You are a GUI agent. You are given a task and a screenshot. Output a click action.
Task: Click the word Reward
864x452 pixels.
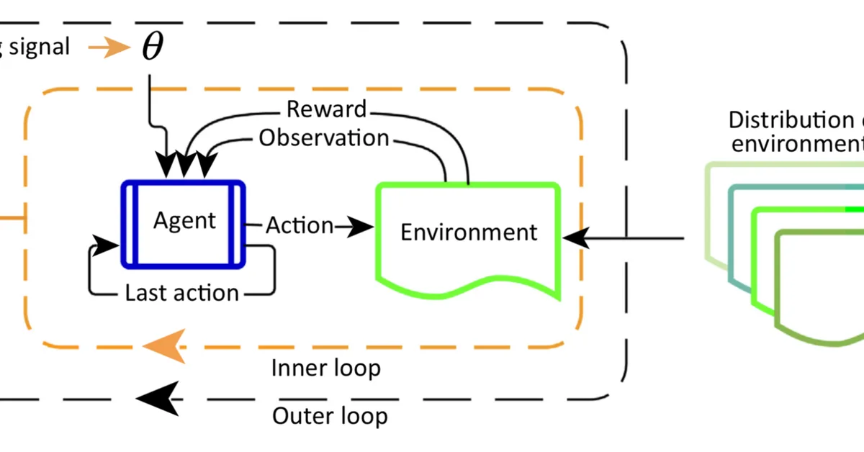326,109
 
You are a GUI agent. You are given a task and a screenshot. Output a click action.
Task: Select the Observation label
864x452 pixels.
324,137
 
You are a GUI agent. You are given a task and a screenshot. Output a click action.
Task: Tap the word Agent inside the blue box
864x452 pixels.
184,220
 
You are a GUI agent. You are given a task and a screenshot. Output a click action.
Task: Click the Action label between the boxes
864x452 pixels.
300,225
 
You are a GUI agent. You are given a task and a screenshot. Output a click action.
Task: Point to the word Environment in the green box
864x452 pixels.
469,232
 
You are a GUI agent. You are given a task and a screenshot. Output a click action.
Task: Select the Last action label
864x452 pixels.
181,292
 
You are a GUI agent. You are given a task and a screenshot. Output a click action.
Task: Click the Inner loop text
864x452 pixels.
326,368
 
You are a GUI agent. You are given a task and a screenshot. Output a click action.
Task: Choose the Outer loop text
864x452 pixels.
330,415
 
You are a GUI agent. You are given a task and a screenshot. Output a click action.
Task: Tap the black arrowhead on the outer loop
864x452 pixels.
159,397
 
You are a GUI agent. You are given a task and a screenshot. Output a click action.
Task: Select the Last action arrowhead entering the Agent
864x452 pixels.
107,245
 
